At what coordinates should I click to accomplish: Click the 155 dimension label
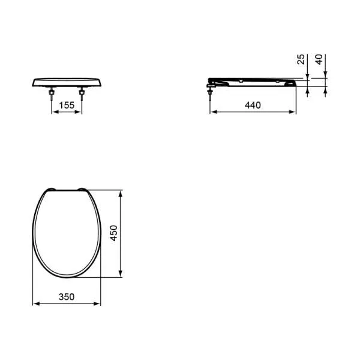point(67,105)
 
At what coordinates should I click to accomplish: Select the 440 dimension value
point(253,105)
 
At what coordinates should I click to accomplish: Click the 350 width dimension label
point(67,296)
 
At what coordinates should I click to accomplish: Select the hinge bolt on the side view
point(209,90)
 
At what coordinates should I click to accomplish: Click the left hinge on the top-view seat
point(50,190)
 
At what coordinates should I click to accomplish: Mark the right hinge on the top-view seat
point(82,190)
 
